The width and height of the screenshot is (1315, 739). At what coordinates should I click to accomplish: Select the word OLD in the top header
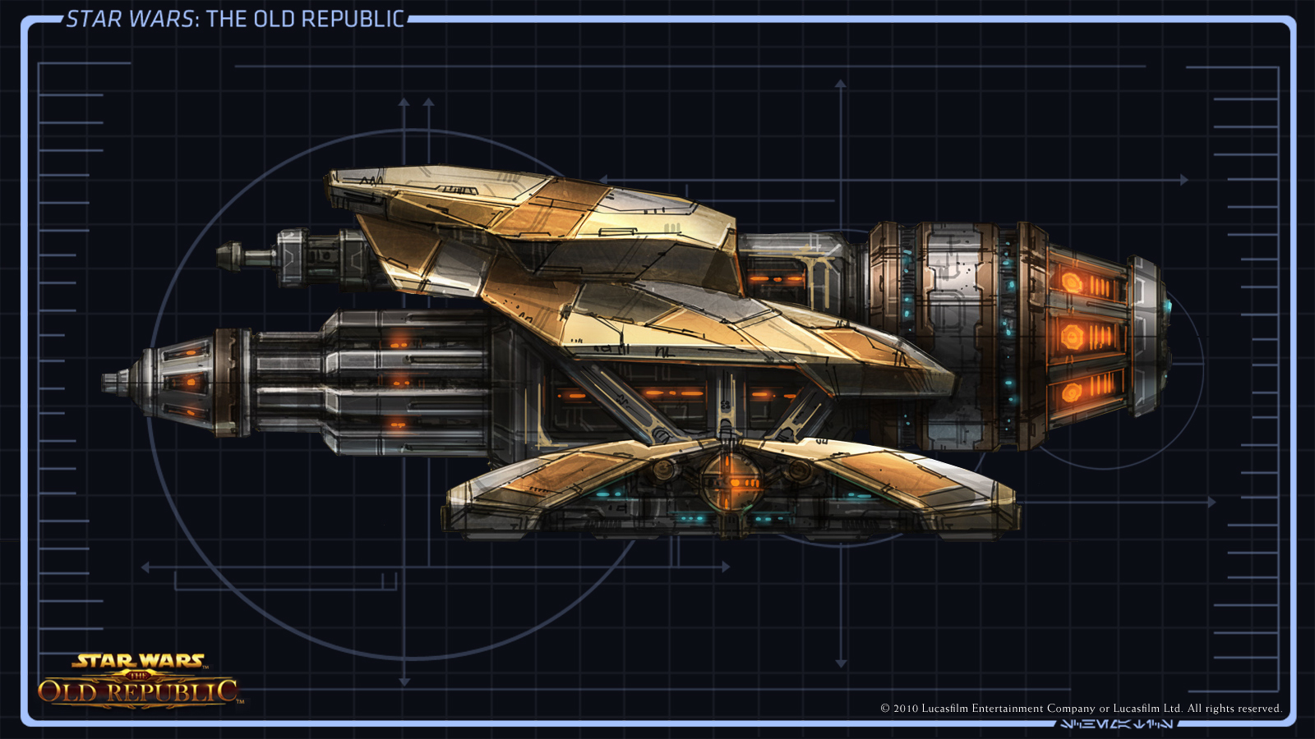pos(274,19)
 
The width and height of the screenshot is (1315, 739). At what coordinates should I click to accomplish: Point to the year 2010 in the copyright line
pos(906,709)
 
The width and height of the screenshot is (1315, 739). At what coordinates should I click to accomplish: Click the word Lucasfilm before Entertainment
pos(944,709)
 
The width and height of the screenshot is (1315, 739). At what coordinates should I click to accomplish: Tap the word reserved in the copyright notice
pos(1254,709)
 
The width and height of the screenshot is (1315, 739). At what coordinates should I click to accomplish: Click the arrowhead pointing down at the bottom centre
pos(841,663)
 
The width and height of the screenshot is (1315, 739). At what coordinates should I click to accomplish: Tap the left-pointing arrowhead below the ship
pos(145,567)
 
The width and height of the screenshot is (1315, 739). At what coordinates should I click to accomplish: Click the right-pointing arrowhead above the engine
pos(1184,180)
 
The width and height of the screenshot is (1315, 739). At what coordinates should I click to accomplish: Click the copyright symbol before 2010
pos(885,709)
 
